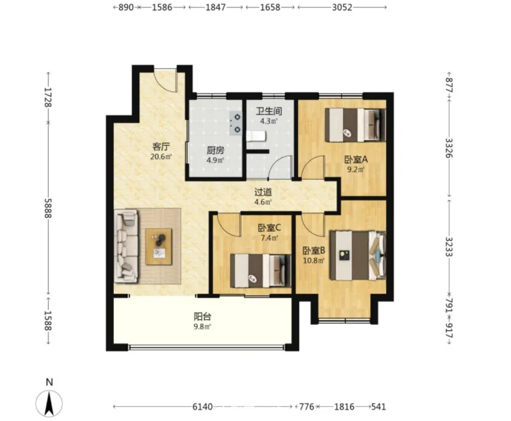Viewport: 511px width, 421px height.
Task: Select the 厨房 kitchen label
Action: pyautogui.click(x=215, y=151)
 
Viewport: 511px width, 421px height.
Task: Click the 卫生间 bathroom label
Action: pyautogui.click(x=269, y=111)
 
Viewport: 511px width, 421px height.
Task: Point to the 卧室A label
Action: pyautogui.click(x=356, y=159)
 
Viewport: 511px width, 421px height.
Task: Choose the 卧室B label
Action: pyautogui.click(x=314, y=251)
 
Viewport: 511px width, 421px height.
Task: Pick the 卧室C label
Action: pyautogui.click(x=269, y=228)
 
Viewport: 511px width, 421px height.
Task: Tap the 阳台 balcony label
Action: pyautogui.click(x=203, y=316)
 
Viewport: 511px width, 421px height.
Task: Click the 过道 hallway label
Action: pyautogui.click(x=263, y=192)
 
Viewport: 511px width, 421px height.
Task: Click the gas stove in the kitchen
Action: pyautogui.click(x=235, y=123)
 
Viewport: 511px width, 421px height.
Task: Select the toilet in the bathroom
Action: pyautogui.click(x=257, y=136)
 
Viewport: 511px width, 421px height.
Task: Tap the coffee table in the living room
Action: pyautogui.click(x=159, y=246)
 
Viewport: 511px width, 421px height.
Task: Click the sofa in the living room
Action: pyautogui.click(x=126, y=246)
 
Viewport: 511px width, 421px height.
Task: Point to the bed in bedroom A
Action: pyautogui.click(x=355, y=125)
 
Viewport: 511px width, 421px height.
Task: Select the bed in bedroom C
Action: pyautogui.click(x=260, y=271)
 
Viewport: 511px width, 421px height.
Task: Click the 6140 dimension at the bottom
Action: pyautogui.click(x=203, y=407)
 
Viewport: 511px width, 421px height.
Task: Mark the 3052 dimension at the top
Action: pyautogui.click(x=342, y=7)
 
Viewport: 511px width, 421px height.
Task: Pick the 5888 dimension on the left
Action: pyautogui.click(x=48, y=208)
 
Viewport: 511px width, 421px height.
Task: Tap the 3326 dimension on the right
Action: pyautogui.click(x=449, y=148)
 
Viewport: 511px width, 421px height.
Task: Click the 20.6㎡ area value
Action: pyautogui.click(x=161, y=156)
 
